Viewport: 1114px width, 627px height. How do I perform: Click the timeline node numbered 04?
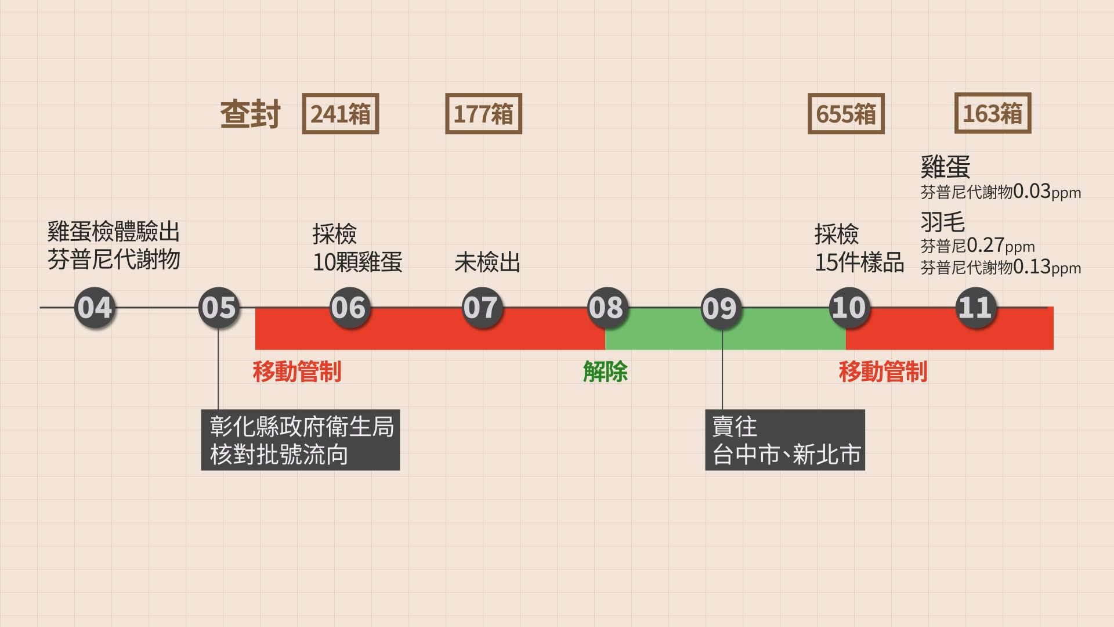click(94, 308)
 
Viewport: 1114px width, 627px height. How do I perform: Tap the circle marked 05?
click(219, 308)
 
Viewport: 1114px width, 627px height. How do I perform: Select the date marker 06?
click(349, 308)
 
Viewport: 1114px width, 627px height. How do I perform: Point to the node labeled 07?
click(481, 308)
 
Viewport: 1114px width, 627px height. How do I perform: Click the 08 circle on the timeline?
click(606, 308)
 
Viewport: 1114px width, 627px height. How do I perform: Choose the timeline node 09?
click(721, 308)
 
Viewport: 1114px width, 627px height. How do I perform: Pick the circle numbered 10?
click(849, 308)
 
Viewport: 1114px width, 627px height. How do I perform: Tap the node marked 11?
click(975, 308)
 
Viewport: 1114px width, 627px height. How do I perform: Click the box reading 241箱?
click(341, 114)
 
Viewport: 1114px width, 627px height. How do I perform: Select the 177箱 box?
click(483, 114)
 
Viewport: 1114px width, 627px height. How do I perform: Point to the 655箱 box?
click(846, 114)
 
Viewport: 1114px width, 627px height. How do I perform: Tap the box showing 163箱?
click(993, 113)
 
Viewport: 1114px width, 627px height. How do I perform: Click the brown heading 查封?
click(250, 114)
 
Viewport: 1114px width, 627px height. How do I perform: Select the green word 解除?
click(605, 372)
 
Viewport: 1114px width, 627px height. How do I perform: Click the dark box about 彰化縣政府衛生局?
click(301, 440)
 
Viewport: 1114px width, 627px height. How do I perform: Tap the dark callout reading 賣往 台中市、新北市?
click(785, 440)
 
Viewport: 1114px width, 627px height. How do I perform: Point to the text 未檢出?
click(487, 262)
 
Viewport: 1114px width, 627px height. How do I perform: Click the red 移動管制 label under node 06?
click(297, 372)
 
